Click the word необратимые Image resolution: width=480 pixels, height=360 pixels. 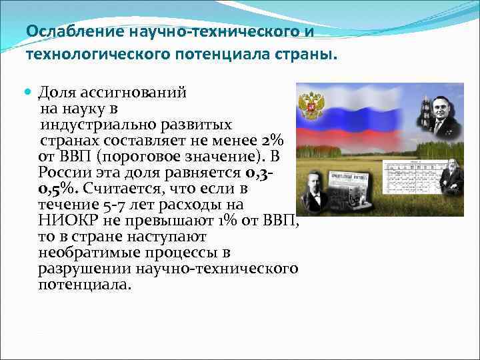click(85, 253)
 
